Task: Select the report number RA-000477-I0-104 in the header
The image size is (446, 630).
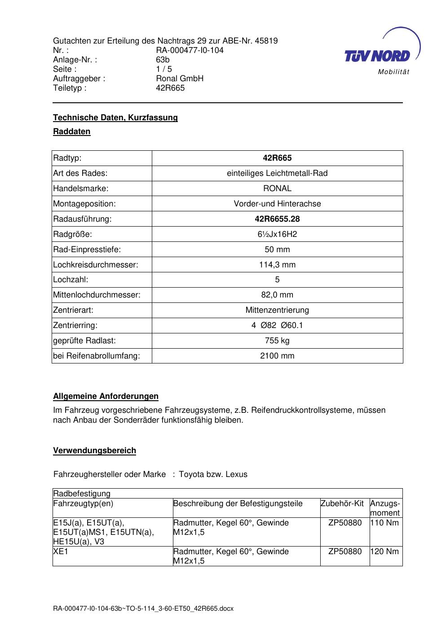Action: pyautogui.click(x=190, y=50)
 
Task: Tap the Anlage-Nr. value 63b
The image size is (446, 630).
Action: pyautogui.click(x=163, y=60)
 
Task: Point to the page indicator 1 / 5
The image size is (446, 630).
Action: pyautogui.click(x=164, y=69)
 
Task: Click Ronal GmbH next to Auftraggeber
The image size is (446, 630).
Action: pyautogui.click(x=180, y=79)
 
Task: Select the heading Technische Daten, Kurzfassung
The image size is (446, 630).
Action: pyautogui.click(x=115, y=118)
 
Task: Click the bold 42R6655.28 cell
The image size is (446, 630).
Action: pyautogui.click(x=277, y=219)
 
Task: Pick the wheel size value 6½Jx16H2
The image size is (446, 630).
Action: pyautogui.click(x=277, y=234)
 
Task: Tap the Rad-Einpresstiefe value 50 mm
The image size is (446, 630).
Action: pyautogui.click(x=277, y=249)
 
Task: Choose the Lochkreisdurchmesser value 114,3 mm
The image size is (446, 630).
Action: pyautogui.click(x=277, y=265)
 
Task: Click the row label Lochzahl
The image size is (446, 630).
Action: pyautogui.click(x=71, y=280)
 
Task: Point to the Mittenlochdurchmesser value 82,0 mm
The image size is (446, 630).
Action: pyautogui.click(x=277, y=295)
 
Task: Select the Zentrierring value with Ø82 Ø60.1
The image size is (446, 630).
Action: pyautogui.click(x=277, y=325)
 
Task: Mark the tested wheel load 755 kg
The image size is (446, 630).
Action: pyautogui.click(x=277, y=341)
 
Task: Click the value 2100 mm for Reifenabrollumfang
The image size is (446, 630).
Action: pyautogui.click(x=277, y=356)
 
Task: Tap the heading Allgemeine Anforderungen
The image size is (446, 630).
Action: pyautogui.click(x=106, y=396)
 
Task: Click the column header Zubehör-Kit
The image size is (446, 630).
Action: pyautogui.click(x=342, y=503)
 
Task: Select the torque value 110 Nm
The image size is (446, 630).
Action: pyautogui.click(x=384, y=523)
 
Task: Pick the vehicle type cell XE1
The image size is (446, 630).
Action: pyautogui.click(x=61, y=551)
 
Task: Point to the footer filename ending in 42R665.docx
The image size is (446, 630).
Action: pyautogui.click(x=143, y=609)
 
